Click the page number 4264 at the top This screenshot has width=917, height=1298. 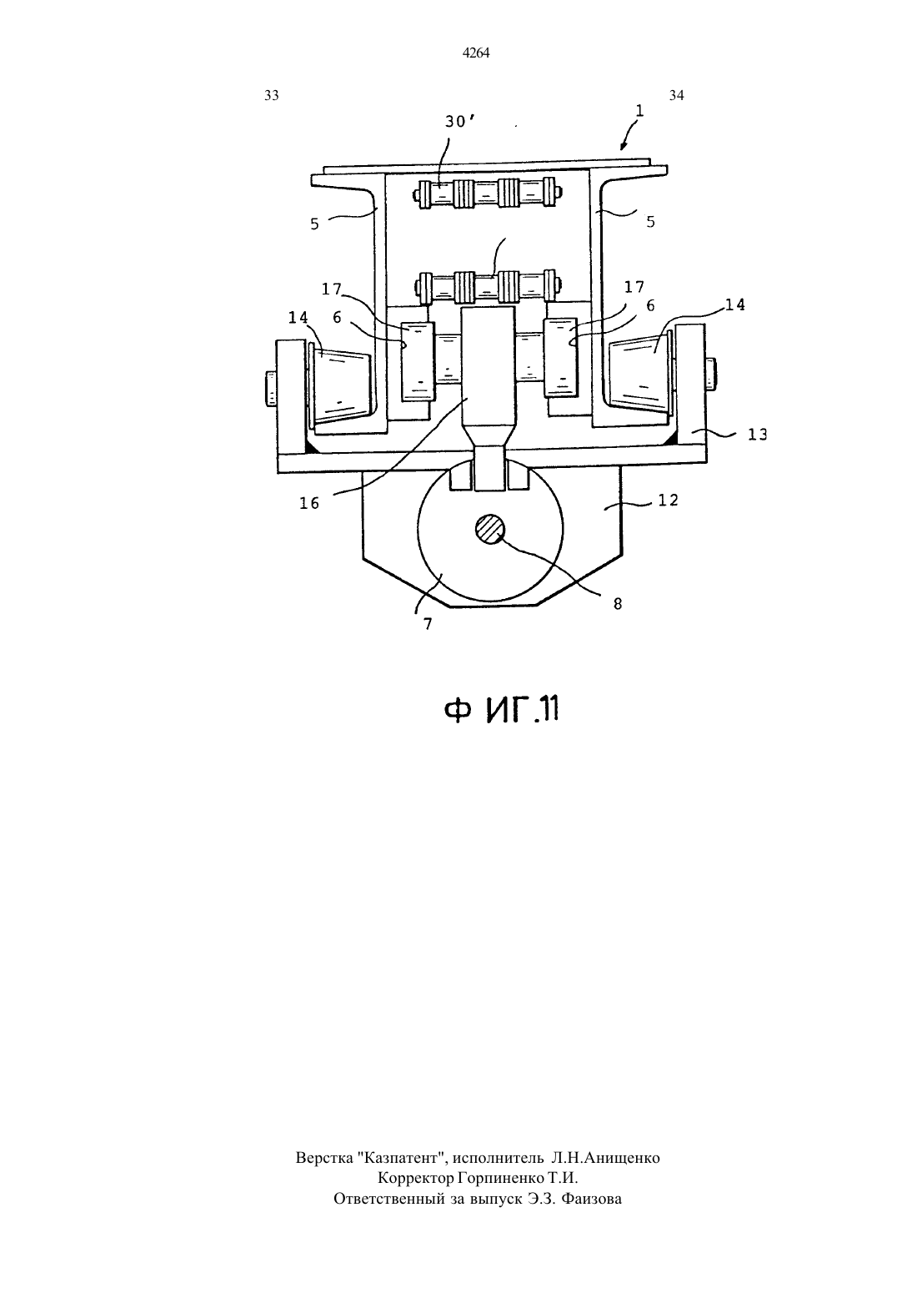click(476, 53)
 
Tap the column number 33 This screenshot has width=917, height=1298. click(272, 96)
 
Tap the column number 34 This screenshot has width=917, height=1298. click(676, 96)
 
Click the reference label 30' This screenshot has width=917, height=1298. click(459, 122)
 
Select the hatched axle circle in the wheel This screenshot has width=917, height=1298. click(490, 529)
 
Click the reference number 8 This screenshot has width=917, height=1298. click(618, 604)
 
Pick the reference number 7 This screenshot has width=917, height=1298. click(428, 624)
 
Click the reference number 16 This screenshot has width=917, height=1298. click(309, 503)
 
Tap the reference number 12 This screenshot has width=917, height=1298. click(668, 500)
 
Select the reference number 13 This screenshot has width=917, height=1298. click(757, 434)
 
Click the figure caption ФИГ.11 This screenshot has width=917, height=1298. click(501, 710)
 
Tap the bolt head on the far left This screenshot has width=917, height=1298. click(270, 388)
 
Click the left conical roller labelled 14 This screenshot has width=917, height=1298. click(340, 383)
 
